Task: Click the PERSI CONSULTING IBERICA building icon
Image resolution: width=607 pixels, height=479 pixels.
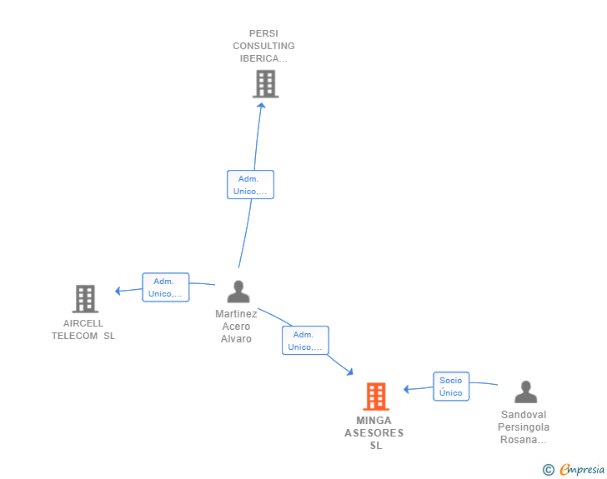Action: (x=265, y=83)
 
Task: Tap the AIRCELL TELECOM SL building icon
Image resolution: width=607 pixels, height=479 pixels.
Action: (x=85, y=299)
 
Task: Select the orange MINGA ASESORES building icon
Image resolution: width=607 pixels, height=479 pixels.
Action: (x=376, y=397)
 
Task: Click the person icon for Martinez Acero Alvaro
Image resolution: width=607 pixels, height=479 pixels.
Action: (x=238, y=292)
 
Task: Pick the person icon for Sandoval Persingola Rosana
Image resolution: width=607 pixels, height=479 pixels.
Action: (x=525, y=392)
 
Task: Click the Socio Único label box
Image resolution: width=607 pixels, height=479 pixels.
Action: (x=451, y=387)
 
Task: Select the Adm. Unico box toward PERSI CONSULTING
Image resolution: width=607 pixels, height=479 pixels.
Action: (x=250, y=185)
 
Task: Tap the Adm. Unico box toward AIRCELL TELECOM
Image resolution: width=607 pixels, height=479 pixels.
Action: (x=166, y=287)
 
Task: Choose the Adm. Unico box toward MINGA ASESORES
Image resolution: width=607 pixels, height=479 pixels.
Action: (x=305, y=340)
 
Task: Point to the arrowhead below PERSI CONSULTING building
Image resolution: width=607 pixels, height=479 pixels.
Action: (x=261, y=106)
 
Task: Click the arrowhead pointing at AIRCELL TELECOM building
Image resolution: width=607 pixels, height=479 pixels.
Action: (x=118, y=291)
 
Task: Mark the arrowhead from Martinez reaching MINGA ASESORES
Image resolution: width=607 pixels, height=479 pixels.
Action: (x=350, y=372)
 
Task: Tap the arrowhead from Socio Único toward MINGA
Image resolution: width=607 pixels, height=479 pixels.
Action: (x=407, y=389)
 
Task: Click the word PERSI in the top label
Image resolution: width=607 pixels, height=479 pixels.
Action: (x=263, y=33)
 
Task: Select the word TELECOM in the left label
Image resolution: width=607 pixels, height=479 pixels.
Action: (x=74, y=336)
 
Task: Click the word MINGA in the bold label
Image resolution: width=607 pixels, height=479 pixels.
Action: (x=374, y=420)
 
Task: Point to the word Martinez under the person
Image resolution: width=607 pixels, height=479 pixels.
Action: (x=236, y=313)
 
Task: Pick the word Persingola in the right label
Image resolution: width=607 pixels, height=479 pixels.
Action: (x=524, y=427)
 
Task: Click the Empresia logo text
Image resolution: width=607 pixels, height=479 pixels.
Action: (x=582, y=469)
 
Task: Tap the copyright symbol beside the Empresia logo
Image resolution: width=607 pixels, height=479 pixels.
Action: (x=549, y=470)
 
